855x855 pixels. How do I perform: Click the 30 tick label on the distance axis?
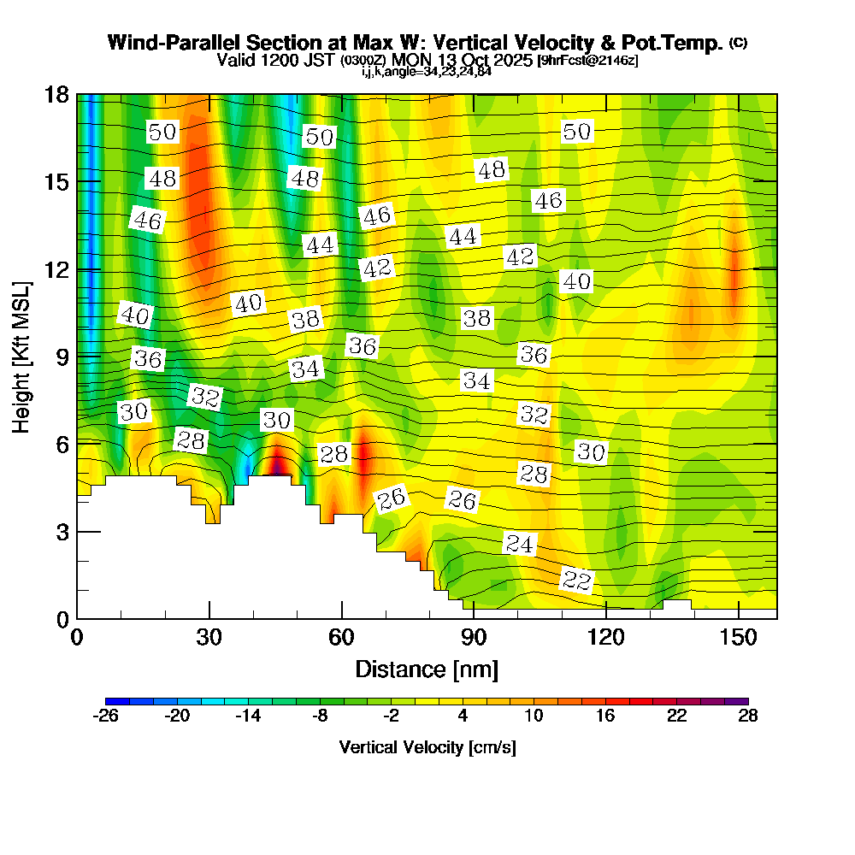click(x=209, y=638)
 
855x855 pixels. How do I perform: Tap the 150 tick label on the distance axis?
click(x=737, y=638)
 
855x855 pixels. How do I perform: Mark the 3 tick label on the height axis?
click(x=61, y=532)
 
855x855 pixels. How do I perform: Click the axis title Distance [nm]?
click(x=427, y=669)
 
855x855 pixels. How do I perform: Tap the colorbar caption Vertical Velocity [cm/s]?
click(x=427, y=747)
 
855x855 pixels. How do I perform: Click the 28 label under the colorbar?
click(x=748, y=716)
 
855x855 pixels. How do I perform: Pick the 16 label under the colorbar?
click(x=605, y=716)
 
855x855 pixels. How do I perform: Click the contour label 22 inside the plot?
click(x=576, y=581)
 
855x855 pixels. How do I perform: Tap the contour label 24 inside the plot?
click(x=519, y=543)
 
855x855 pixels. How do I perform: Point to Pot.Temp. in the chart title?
click(x=676, y=43)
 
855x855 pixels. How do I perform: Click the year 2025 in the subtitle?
click(x=512, y=60)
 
